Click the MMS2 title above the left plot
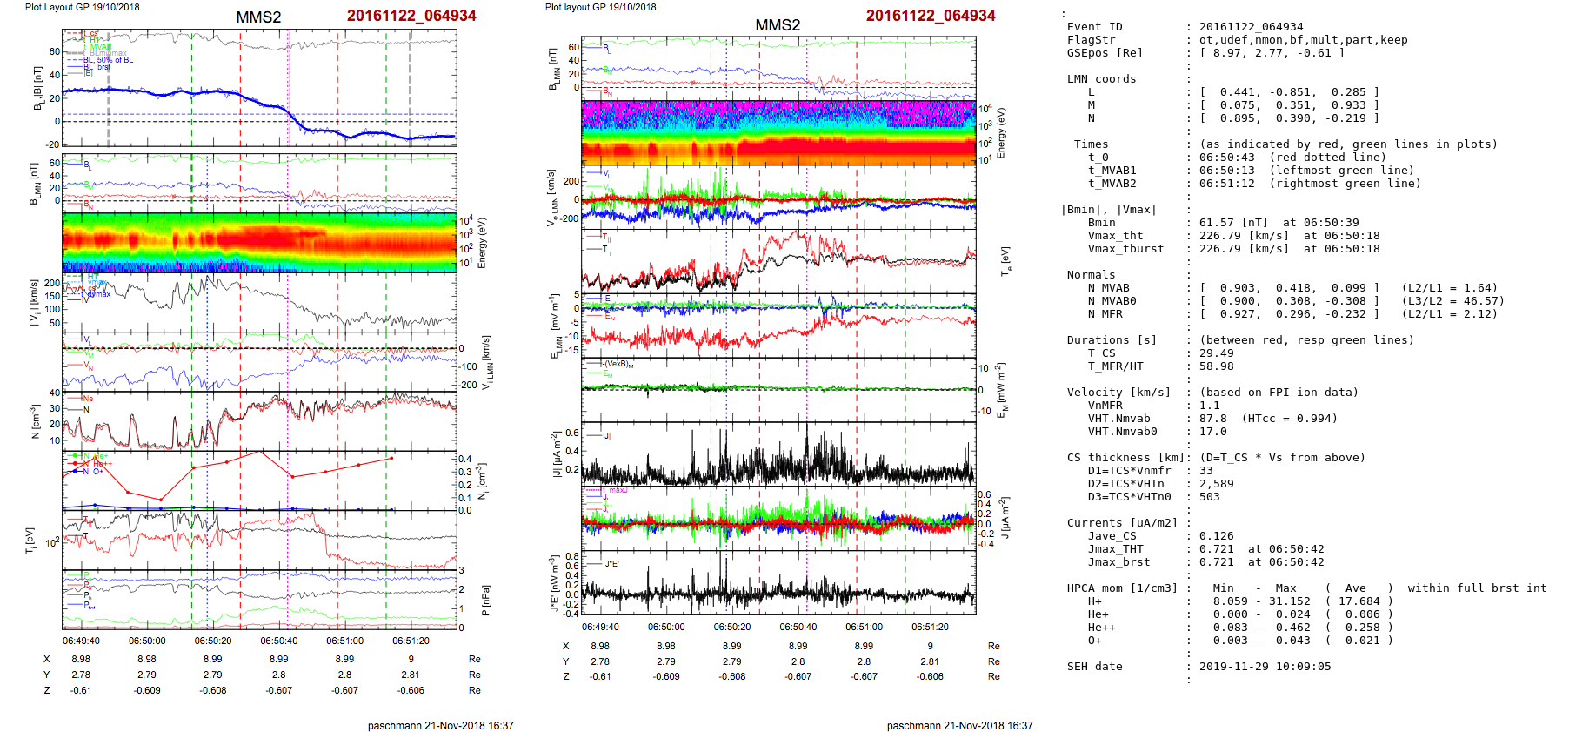(x=258, y=17)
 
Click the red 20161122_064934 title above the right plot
(x=930, y=16)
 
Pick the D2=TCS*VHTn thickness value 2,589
(x=1216, y=484)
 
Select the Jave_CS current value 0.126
(x=1216, y=536)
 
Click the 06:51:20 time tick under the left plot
(x=411, y=641)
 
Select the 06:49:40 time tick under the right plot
(x=600, y=627)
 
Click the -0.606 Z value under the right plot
(x=930, y=676)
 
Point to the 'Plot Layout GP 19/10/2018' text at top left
(x=82, y=7)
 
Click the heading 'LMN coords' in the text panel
(x=1101, y=79)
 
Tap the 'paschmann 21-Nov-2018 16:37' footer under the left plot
(x=440, y=725)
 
